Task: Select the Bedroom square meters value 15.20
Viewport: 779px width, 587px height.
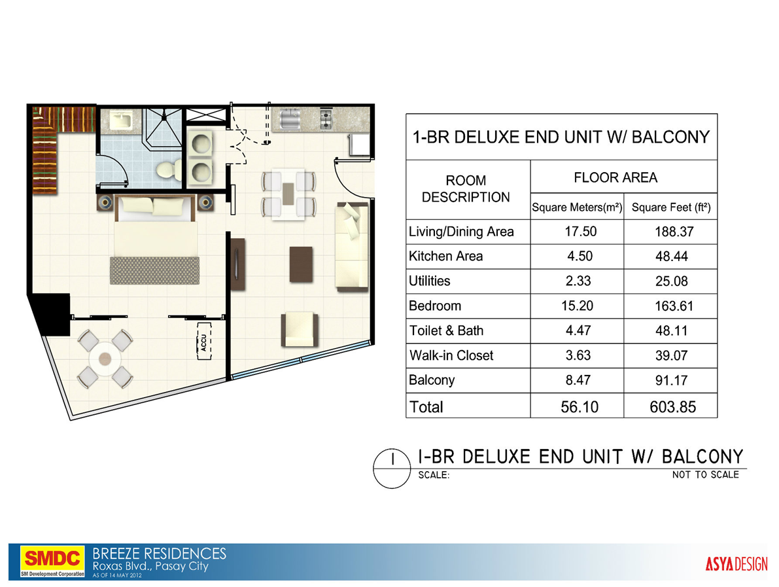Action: click(x=576, y=306)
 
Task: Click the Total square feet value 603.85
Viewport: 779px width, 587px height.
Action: click(x=670, y=407)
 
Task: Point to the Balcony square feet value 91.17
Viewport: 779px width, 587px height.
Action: click(x=670, y=380)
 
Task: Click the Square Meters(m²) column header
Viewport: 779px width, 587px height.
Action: click(x=576, y=209)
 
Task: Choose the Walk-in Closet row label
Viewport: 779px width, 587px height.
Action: click(x=451, y=355)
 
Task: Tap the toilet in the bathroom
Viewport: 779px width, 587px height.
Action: click(x=167, y=169)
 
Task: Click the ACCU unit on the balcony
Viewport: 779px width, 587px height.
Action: click(x=204, y=342)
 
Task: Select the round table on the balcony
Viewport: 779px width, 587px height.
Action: click(x=105, y=359)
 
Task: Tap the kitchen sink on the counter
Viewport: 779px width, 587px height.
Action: click(x=290, y=118)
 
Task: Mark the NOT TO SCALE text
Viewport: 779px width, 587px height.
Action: click(x=705, y=475)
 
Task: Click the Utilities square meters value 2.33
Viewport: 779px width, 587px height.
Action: click(x=576, y=281)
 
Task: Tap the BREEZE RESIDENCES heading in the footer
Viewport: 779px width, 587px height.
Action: click(x=160, y=554)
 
